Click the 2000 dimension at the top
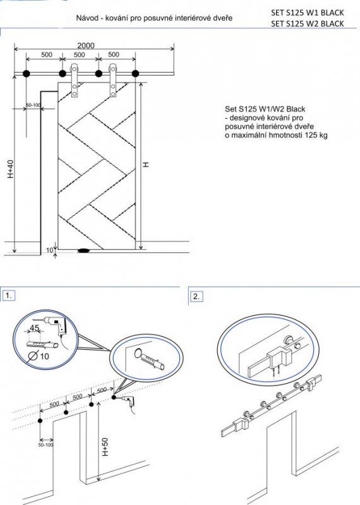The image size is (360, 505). click(86, 45)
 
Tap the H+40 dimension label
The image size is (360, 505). click(11, 169)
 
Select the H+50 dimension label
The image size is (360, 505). click(105, 447)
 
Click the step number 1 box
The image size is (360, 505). click(9, 295)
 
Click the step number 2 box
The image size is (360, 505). click(196, 297)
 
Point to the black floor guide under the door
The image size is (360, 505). click(84, 250)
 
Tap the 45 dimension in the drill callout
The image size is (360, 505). click(35, 328)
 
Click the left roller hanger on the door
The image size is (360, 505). click(75, 81)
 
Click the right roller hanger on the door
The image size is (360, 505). click(113, 81)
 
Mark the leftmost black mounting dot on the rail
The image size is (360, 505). click(27, 74)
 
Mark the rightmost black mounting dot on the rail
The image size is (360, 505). click(135, 74)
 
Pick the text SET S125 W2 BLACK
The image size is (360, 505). click(307, 23)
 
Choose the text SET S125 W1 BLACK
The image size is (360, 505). click(307, 13)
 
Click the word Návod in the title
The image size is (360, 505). click(86, 18)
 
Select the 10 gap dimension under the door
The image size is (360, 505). click(49, 250)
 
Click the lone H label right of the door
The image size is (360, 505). click(146, 165)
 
